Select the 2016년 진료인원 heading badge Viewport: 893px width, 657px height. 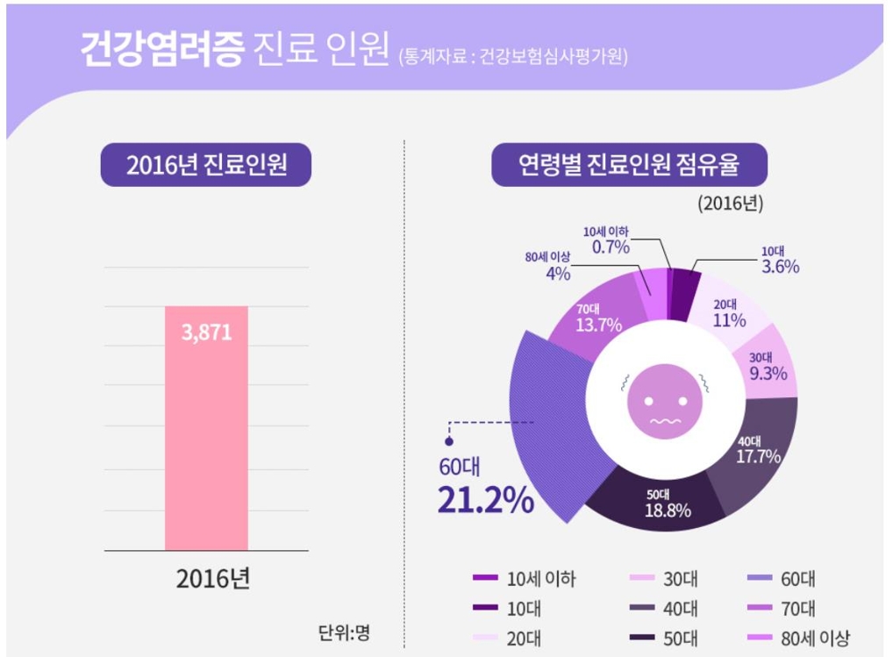pyautogui.click(x=206, y=165)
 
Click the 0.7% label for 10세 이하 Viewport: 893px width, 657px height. pyautogui.click(x=611, y=246)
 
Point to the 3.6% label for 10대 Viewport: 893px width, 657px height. pyautogui.click(x=779, y=266)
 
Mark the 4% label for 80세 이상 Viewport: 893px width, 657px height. pyautogui.click(x=558, y=273)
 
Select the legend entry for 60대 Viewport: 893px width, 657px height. pyautogui.click(x=781, y=580)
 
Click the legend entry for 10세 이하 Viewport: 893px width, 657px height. pyautogui.click(x=525, y=580)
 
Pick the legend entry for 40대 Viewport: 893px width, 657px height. pyautogui.click(x=664, y=609)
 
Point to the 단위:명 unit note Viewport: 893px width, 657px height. pyautogui.click(x=344, y=632)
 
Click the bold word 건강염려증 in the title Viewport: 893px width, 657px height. pyautogui.click(x=161, y=50)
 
